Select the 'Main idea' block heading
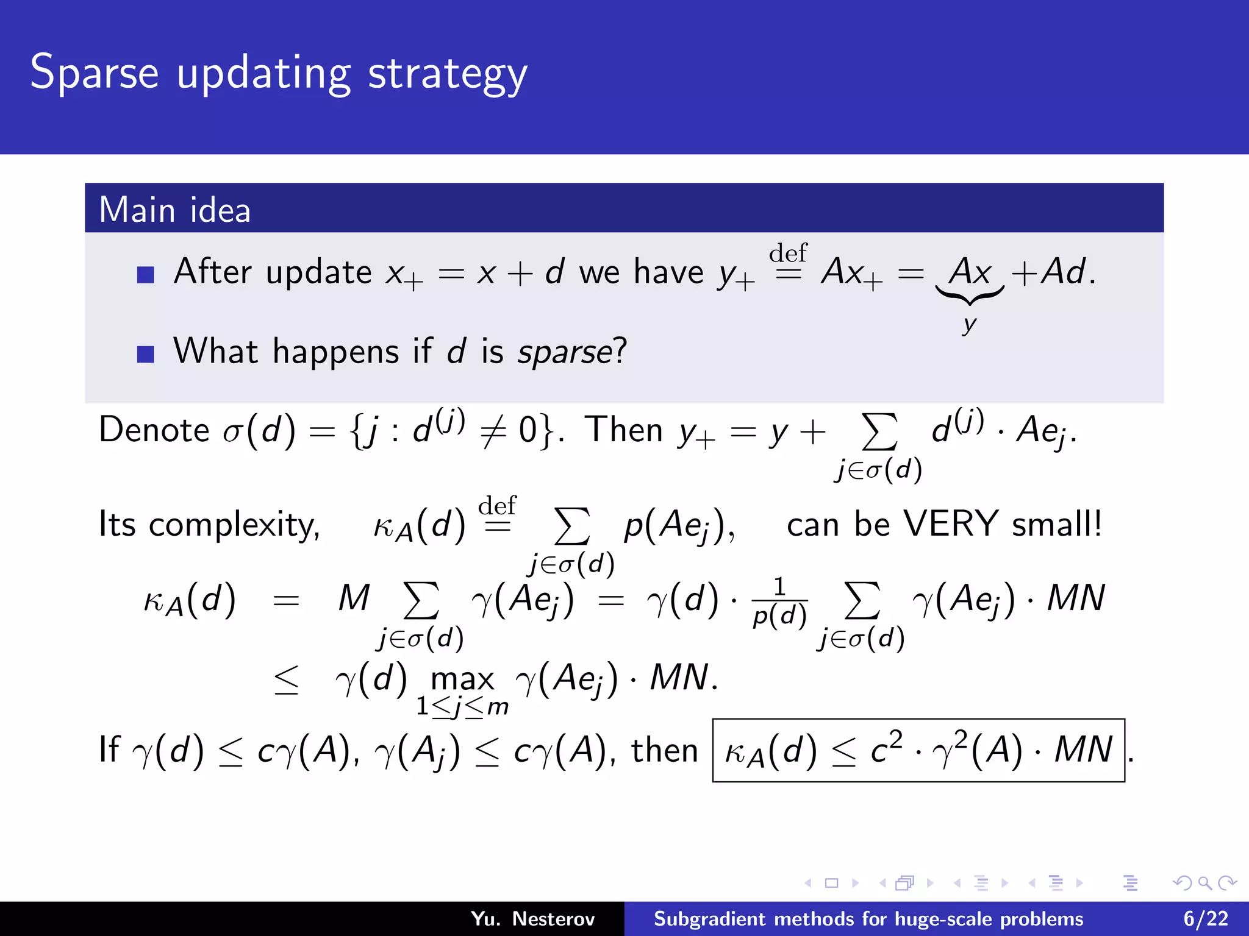(x=175, y=210)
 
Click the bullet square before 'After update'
(x=145, y=275)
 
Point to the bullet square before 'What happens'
(x=145, y=354)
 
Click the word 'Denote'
(x=154, y=430)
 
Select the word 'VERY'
(x=950, y=523)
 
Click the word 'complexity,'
(x=234, y=525)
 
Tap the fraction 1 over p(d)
(x=779, y=603)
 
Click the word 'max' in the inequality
(x=462, y=679)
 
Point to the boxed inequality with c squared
(x=918, y=750)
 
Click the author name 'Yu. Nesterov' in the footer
(x=532, y=918)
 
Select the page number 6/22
(x=1205, y=918)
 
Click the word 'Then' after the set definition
(x=623, y=430)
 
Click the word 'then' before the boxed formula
(x=664, y=750)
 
